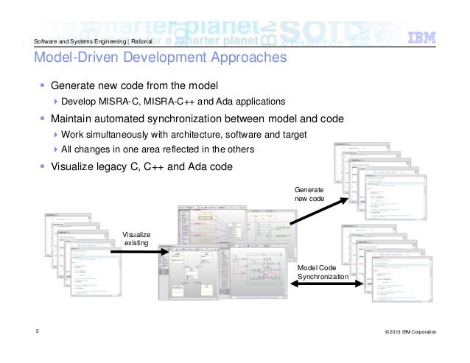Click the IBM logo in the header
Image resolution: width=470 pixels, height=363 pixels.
coord(424,38)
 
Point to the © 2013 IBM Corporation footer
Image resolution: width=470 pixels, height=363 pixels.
coord(410,334)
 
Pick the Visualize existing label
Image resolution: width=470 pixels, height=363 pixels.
coord(135,238)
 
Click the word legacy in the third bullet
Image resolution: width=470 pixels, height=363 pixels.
coord(124,166)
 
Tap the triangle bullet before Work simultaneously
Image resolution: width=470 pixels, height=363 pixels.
coord(56,135)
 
